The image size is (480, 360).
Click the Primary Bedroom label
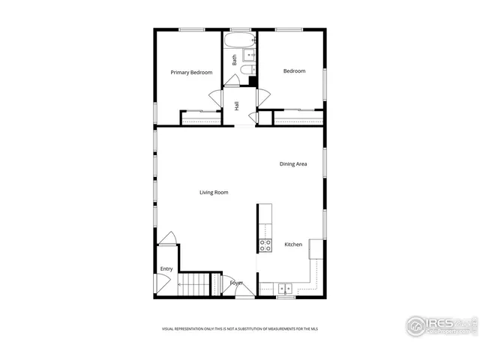point(191,73)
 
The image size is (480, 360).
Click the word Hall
point(237,106)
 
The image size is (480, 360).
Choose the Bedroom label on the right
point(294,71)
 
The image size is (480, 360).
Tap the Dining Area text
point(293,163)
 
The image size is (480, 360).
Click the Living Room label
point(214,193)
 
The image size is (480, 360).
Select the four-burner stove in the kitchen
point(265,244)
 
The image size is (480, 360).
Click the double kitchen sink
point(285,287)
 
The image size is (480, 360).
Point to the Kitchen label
point(293,244)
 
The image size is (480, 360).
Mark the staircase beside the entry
point(193,285)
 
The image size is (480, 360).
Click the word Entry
point(166,269)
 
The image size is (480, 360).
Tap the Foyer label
point(237,283)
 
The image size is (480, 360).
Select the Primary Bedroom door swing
point(215,98)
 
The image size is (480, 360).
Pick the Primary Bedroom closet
point(200,117)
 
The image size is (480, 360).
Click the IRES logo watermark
point(441,325)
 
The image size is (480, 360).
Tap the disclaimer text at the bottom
point(239,328)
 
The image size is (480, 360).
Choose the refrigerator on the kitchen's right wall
point(315,249)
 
